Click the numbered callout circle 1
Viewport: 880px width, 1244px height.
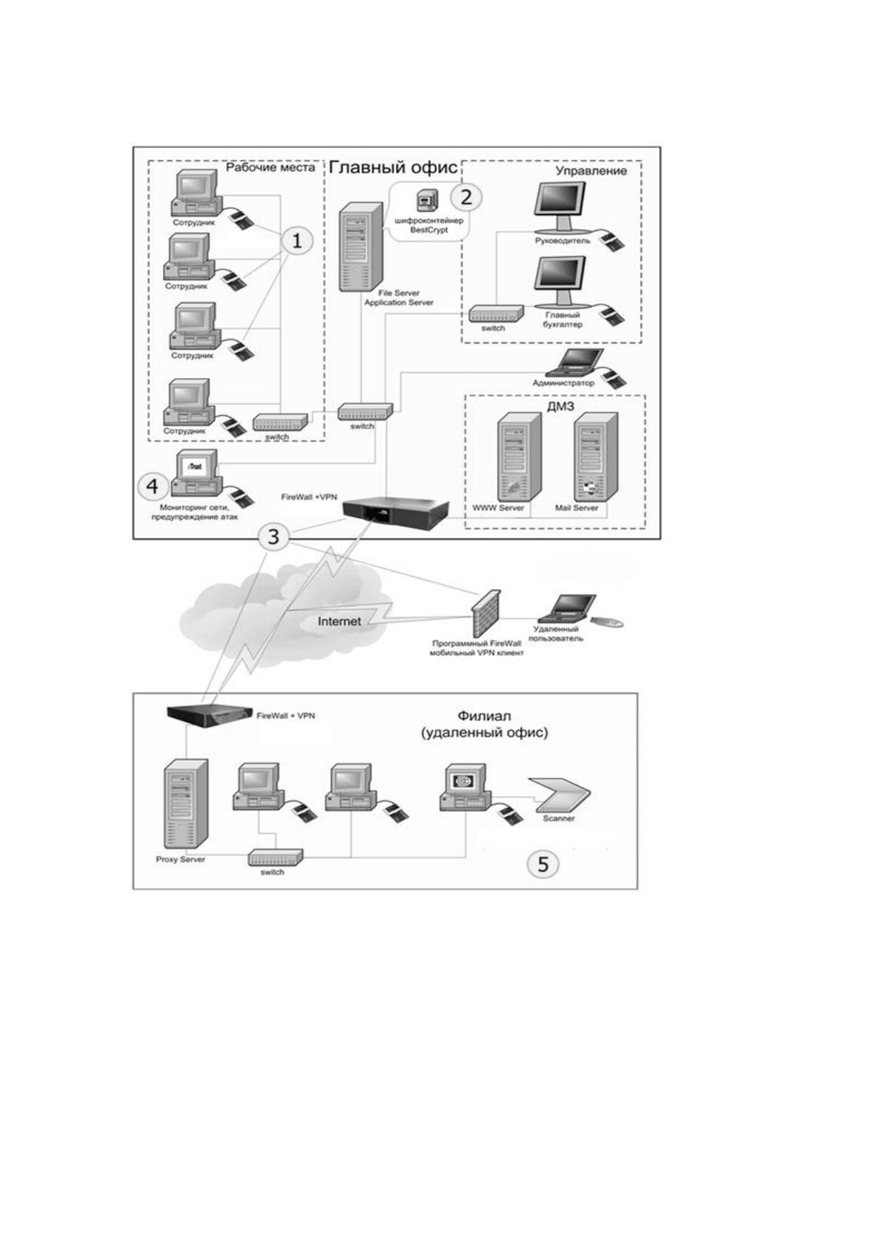click(x=297, y=241)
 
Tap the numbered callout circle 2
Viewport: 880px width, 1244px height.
click(x=466, y=196)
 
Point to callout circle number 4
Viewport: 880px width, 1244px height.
click(x=152, y=487)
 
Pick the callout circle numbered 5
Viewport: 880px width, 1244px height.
click(x=542, y=864)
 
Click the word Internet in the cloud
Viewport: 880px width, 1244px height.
click(x=339, y=621)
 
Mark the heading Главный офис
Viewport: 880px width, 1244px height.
click(x=393, y=167)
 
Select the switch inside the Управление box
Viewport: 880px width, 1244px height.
click(x=496, y=314)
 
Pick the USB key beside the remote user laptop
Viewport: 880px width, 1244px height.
click(x=606, y=622)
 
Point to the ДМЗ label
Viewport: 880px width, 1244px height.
click(x=560, y=406)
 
